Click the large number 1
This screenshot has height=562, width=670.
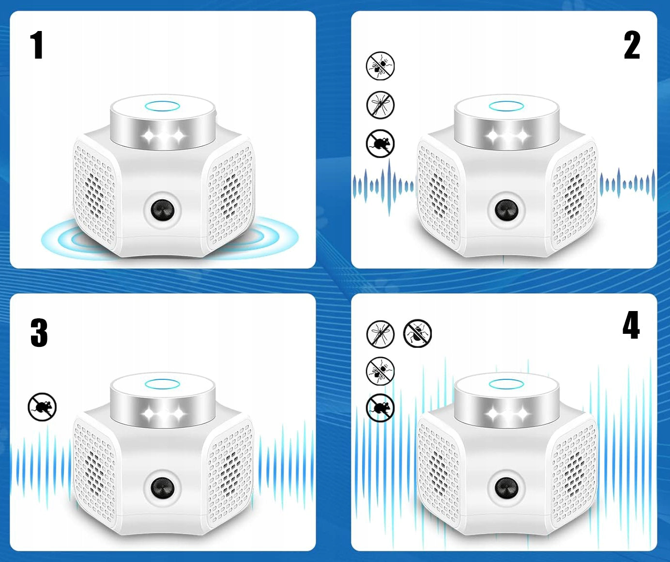click(37, 45)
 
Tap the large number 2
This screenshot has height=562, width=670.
click(631, 45)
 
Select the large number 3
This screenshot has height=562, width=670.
click(39, 333)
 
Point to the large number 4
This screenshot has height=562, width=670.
click(631, 325)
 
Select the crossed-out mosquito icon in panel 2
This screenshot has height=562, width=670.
click(380, 105)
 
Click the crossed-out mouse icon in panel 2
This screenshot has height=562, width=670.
click(380, 143)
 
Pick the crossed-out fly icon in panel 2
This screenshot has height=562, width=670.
click(380, 66)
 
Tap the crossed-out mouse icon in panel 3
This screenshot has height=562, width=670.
click(42, 406)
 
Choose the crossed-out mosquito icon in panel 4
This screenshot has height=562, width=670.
click(380, 334)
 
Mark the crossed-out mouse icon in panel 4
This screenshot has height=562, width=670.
click(380, 407)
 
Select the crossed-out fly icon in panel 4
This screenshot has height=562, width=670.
click(380, 371)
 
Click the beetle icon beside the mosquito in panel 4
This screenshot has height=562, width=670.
click(417, 333)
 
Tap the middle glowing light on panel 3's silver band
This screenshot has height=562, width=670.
click(163, 414)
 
